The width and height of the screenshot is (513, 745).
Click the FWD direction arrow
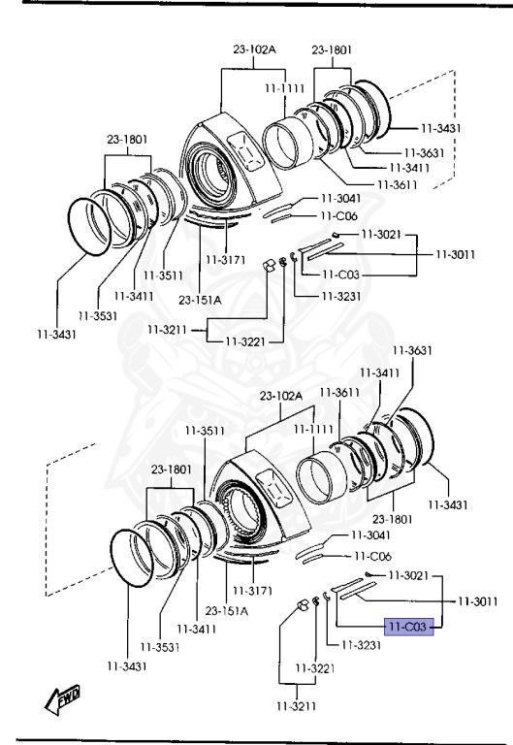[62, 699]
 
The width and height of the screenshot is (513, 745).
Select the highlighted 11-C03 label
[408, 627]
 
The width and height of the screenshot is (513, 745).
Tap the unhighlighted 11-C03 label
[340, 275]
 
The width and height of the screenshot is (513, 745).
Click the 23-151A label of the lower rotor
[227, 610]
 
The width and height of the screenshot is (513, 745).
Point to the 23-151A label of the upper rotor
[200, 300]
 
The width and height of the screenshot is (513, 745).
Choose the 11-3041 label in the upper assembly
[341, 198]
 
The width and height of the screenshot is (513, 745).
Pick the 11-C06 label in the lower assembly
[373, 556]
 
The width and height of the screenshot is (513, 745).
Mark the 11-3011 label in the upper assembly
[456, 254]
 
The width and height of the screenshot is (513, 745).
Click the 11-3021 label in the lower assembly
[408, 575]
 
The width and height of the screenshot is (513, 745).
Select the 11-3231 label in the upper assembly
[341, 296]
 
